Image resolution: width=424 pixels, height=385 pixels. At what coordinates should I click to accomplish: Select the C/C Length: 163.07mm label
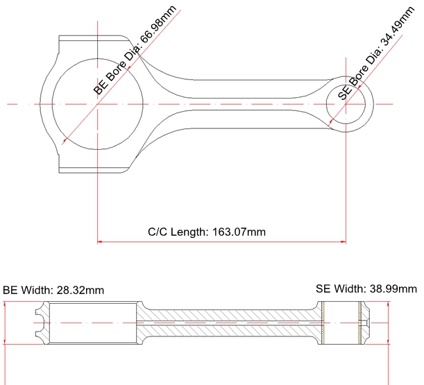point(207,231)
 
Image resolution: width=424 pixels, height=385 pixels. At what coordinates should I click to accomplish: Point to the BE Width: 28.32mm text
point(53,290)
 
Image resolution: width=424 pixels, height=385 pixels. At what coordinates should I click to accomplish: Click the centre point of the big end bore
point(98,104)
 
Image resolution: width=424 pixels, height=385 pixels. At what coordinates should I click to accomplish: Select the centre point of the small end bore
point(346,104)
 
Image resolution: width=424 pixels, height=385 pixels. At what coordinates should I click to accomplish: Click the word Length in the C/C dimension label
point(187,231)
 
